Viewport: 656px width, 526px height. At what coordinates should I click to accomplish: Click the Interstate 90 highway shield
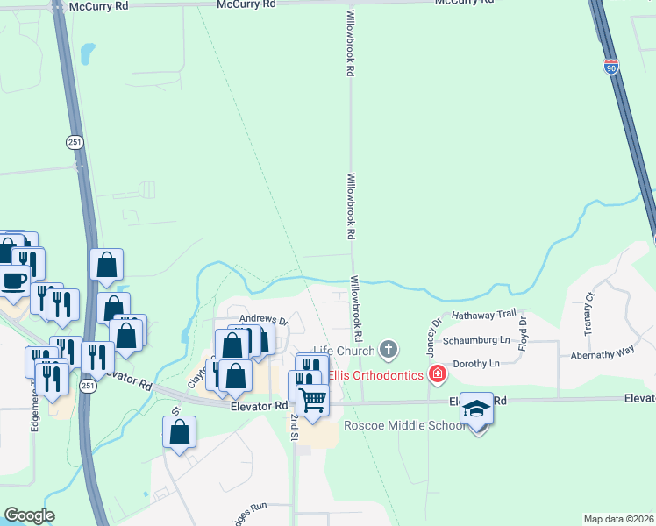click(x=611, y=66)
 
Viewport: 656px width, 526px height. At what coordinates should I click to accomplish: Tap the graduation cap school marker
click(x=476, y=409)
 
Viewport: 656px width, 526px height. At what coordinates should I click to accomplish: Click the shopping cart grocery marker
click(x=312, y=401)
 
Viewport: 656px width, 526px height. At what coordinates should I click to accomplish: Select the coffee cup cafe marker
click(x=12, y=281)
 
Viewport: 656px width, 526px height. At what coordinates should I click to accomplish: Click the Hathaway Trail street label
click(x=484, y=314)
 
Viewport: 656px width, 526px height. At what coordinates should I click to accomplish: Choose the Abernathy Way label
click(x=603, y=351)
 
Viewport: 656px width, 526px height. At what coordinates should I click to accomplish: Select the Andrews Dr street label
click(x=264, y=320)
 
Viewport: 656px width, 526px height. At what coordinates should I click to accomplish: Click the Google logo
click(x=29, y=515)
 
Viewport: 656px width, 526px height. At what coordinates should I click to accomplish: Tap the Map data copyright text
click(x=619, y=519)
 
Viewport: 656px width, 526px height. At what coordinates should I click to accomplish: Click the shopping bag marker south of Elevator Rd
click(x=179, y=433)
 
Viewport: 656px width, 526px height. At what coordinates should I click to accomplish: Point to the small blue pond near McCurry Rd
click(x=87, y=54)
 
